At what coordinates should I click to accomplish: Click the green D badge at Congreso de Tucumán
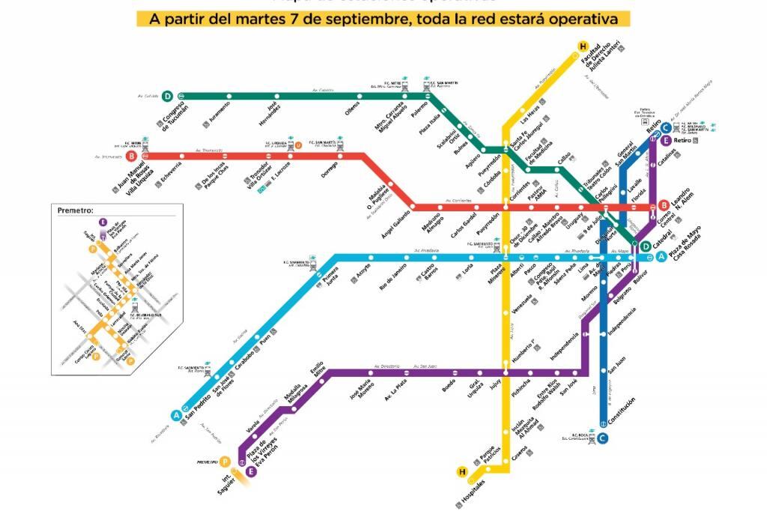coord(168,96)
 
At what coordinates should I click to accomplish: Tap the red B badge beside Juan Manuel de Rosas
coord(132,157)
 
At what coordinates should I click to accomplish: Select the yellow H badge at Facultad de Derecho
coord(583,47)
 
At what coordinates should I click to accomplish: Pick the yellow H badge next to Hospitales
coord(462,471)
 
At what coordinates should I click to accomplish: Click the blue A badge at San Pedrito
coord(177,415)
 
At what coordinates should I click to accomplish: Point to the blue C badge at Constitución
coord(603,438)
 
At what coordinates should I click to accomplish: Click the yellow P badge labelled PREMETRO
coord(225,462)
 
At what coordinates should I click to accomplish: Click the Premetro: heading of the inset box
coord(76,211)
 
